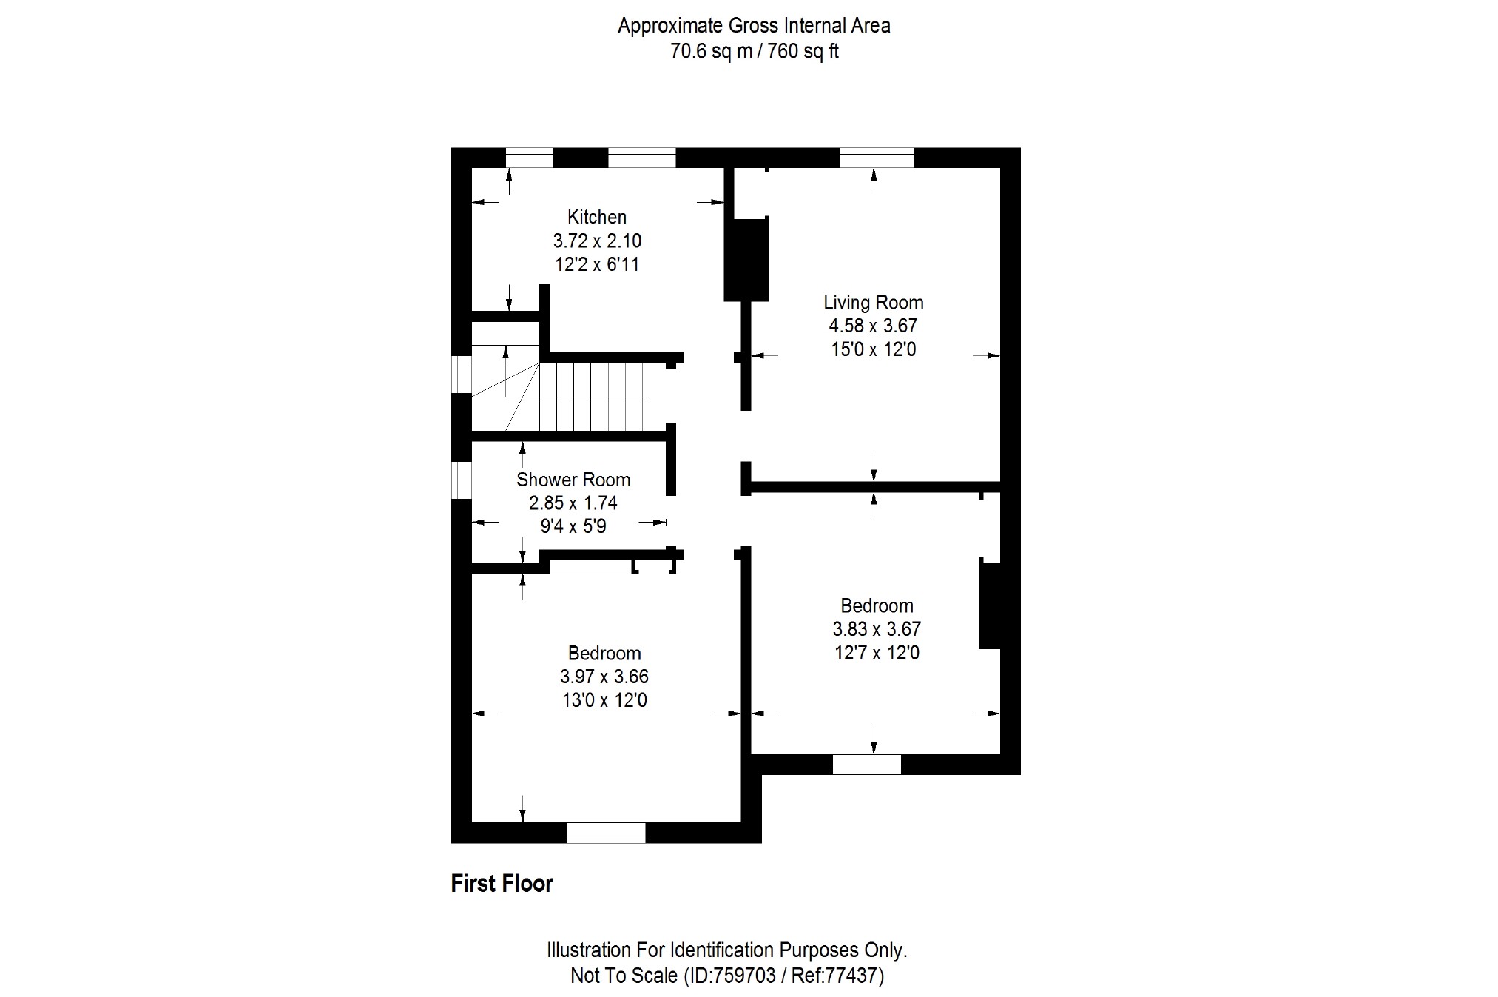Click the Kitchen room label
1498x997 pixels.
(x=596, y=217)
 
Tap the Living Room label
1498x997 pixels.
(x=873, y=302)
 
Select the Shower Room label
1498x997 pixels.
(x=573, y=480)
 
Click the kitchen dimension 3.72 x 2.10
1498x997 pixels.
(x=596, y=241)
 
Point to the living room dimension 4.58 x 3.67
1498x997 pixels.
(x=873, y=326)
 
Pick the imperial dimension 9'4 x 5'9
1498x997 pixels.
(x=573, y=526)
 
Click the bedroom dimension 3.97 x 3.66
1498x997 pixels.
(x=604, y=677)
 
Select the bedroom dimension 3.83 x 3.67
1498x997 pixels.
(x=877, y=629)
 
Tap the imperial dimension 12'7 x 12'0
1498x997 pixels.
(x=877, y=653)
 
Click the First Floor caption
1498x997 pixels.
(x=502, y=883)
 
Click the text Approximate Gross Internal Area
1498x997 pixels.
(x=754, y=26)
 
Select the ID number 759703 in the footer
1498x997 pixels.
(x=743, y=976)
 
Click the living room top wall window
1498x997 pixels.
(x=877, y=158)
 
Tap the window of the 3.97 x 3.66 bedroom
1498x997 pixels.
(x=606, y=833)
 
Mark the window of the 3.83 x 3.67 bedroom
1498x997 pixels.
(x=866, y=765)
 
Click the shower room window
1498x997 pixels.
(x=462, y=480)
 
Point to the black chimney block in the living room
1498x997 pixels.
(x=746, y=259)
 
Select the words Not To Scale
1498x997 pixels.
(x=624, y=976)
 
